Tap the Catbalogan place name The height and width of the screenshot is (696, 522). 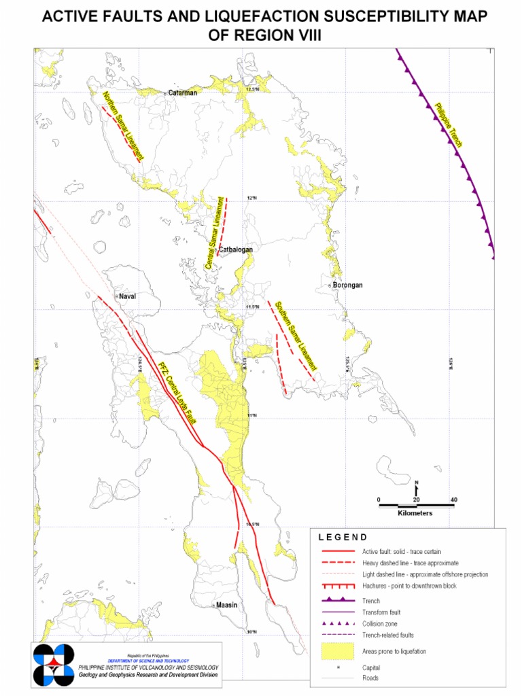(236, 249)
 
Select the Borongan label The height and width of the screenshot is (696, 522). (348, 285)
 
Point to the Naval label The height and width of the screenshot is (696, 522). (128, 297)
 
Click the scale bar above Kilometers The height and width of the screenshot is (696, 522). (416, 505)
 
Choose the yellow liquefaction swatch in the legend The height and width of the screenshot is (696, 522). (338, 651)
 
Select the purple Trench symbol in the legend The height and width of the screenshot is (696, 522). (338, 600)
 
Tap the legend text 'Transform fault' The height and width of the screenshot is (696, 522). (381, 612)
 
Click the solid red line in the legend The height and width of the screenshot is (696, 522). (338, 551)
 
